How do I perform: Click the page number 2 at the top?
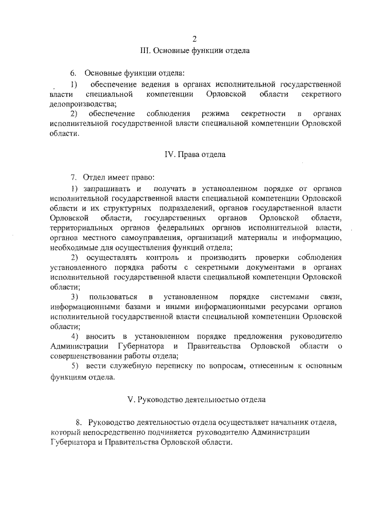pyautogui.click(x=194, y=39)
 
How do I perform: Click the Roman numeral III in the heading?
pyautogui.click(x=146, y=50)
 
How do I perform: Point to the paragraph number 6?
pyautogui.click(x=73, y=74)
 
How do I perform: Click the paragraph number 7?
pyautogui.click(x=73, y=177)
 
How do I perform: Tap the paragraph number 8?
pyautogui.click(x=78, y=422)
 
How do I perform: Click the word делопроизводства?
pyautogui.click(x=82, y=103)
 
